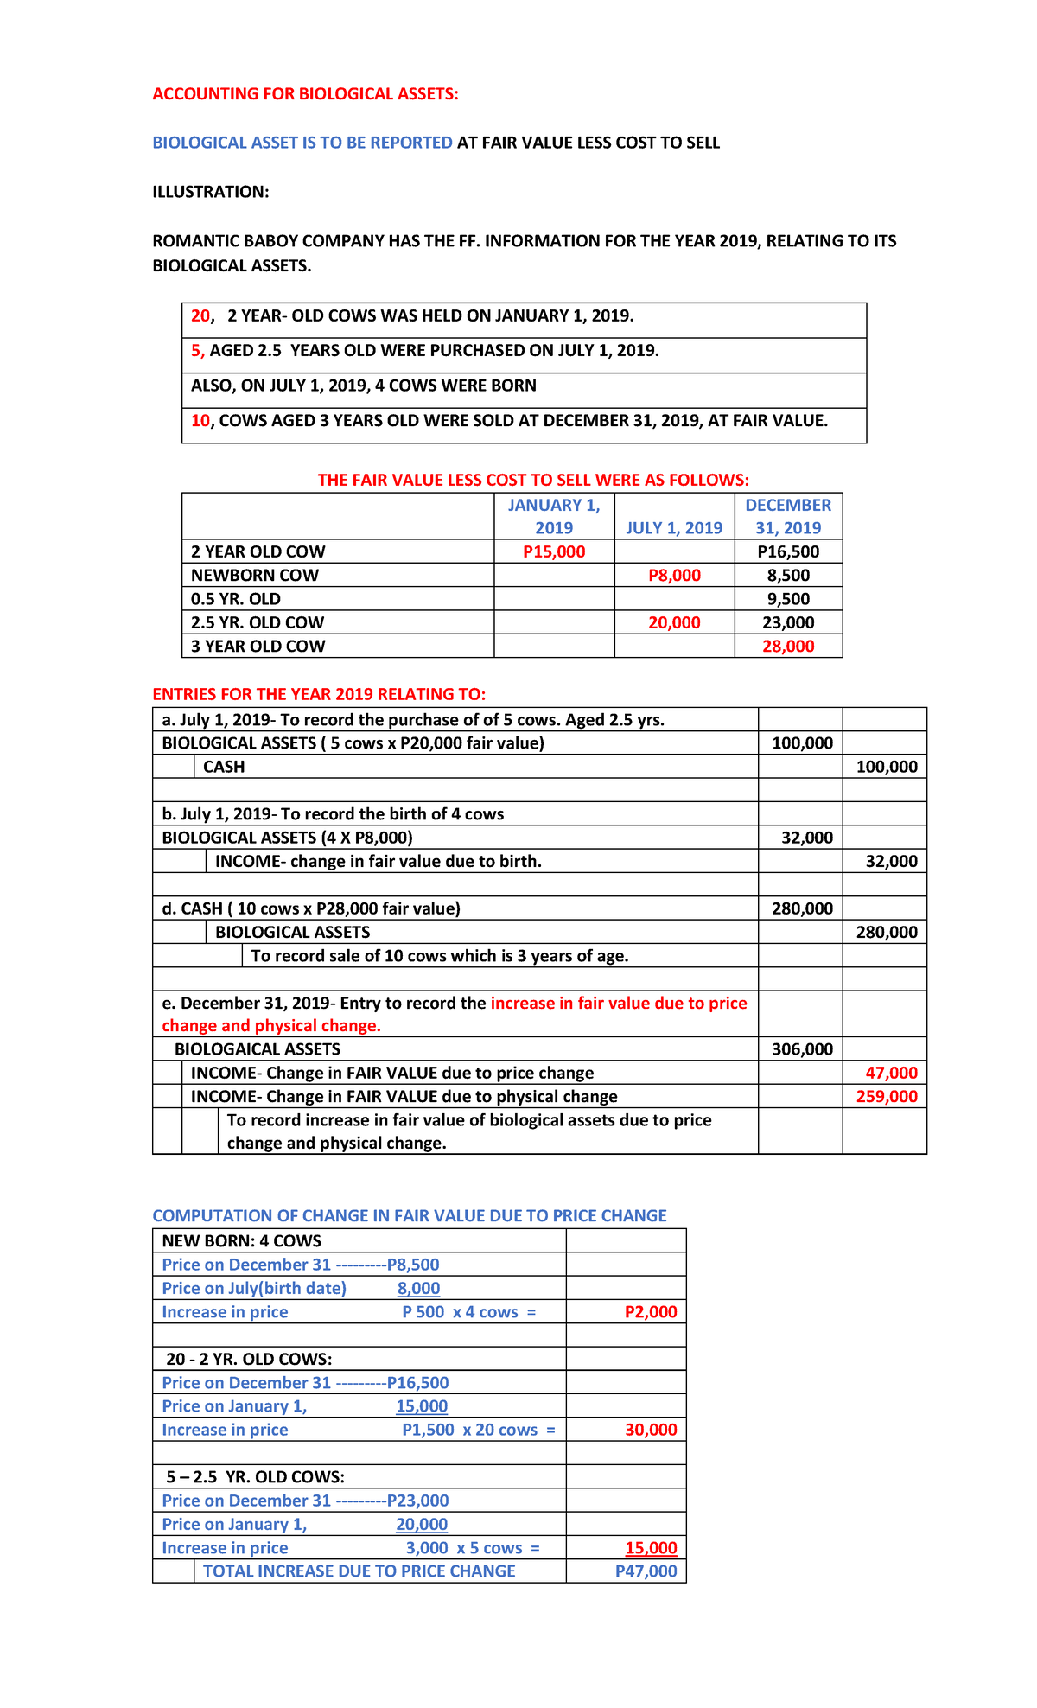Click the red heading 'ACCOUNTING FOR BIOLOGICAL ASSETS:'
[305, 94]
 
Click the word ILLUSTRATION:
[211, 192]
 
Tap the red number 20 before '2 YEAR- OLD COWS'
[200, 316]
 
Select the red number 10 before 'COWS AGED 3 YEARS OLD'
[200, 421]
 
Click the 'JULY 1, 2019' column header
[674, 528]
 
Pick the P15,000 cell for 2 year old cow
[554, 551]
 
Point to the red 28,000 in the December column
[788, 646]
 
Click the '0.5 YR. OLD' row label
[236, 599]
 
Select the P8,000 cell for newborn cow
[674, 576]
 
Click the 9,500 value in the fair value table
[788, 599]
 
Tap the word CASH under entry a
[224, 767]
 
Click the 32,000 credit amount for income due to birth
[891, 861]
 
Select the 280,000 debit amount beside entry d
[802, 908]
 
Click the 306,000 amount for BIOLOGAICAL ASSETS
[802, 1049]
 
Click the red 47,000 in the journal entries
[891, 1073]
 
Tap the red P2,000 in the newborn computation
[651, 1312]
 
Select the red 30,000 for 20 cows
[651, 1430]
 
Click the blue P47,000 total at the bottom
[646, 1571]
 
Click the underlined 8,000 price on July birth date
[418, 1289]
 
